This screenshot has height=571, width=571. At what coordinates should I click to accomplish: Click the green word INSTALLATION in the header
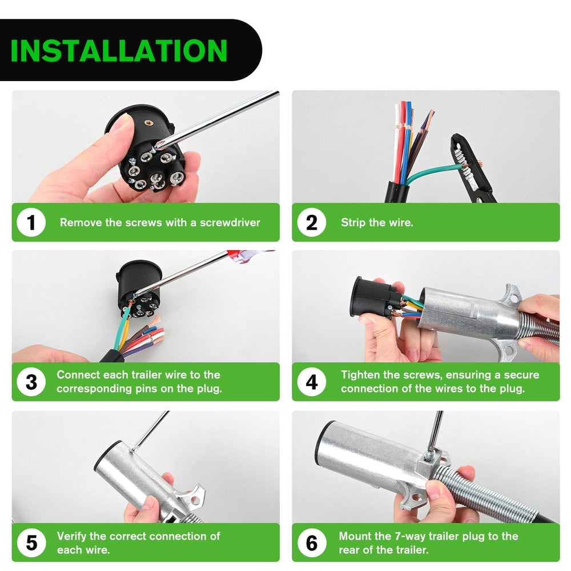119,50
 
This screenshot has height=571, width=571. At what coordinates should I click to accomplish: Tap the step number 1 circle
31,222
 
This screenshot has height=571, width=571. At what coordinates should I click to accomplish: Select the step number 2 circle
312,222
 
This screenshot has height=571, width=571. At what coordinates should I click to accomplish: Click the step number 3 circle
31,382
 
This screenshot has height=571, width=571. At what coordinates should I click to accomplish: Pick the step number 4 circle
312,382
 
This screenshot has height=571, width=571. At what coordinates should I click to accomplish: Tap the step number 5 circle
31,542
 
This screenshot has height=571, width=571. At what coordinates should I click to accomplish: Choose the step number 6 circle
312,542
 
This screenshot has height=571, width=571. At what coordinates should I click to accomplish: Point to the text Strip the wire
377,223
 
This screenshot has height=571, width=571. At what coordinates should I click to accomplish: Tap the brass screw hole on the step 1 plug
148,122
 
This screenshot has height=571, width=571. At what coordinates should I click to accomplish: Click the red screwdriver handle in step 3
251,254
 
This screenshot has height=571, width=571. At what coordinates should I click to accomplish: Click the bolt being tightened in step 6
430,455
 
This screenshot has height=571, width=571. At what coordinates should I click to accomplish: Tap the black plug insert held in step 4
375,297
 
